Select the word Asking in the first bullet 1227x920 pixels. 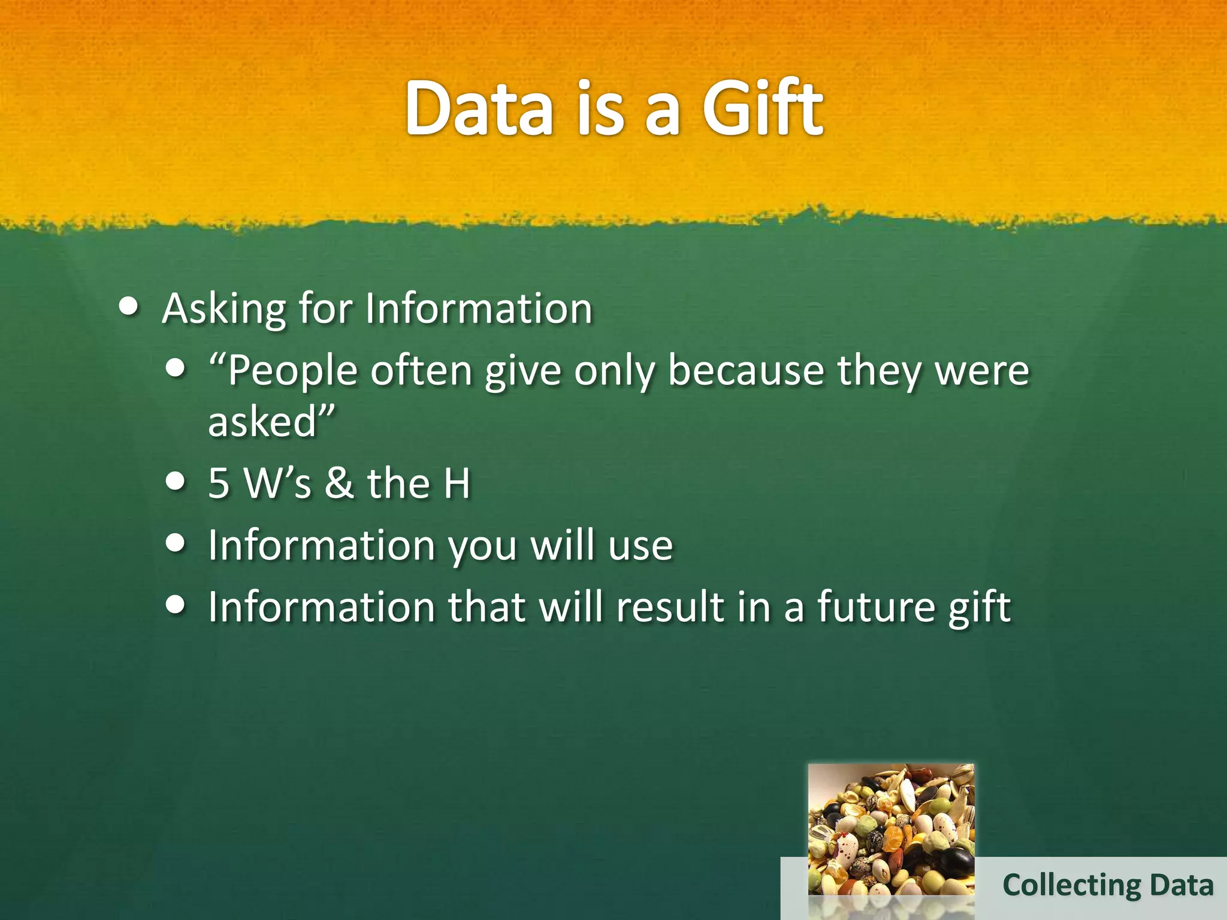[x=224, y=310]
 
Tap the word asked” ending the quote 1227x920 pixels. [x=271, y=422]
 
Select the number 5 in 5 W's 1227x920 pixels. [x=219, y=483]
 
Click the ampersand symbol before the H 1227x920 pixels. [x=340, y=483]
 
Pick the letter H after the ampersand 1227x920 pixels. [x=457, y=483]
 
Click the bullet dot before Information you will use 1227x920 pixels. [x=175, y=543]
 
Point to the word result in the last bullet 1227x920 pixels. [x=670, y=607]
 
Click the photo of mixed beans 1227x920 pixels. [x=891, y=830]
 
